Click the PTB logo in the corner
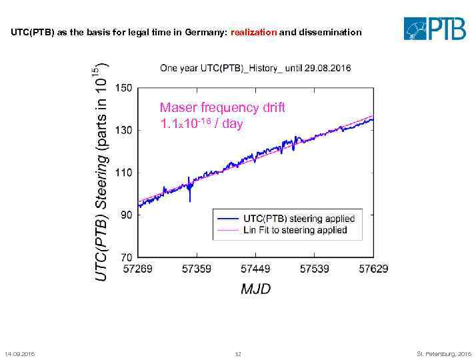(x=434, y=29)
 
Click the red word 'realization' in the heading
(x=253, y=32)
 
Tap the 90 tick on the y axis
(x=126, y=215)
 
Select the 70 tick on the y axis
(x=126, y=257)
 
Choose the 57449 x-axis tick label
(x=255, y=269)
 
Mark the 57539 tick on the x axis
(x=314, y=269)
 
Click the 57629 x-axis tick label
(x=373, y=269)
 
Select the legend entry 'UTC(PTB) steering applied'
(x=299, y=219)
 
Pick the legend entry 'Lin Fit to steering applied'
(x=295, y=230)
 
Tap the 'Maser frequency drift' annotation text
(x=223, y=108)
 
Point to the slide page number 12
(x=238, y=353)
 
